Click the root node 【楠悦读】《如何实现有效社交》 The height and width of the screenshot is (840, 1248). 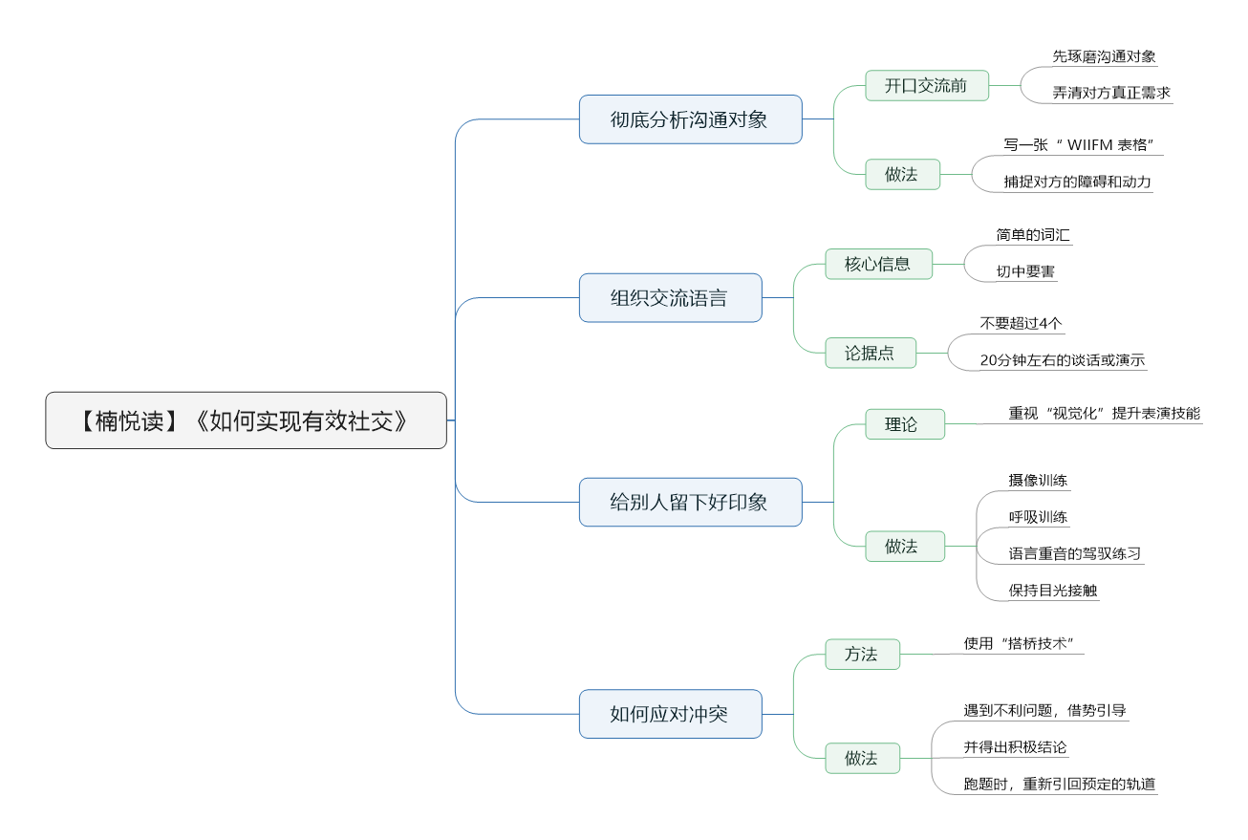pyautogui.click(x=246, y=420)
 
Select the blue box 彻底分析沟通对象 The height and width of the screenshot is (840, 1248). pyautogui.click(x=690, y=119)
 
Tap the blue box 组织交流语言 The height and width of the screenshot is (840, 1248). pyautogui.click(x=670, y=298)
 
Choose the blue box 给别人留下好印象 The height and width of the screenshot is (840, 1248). pyautogui.click(x=690, y=502)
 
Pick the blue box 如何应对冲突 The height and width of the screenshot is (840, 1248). pyautogui.click(x=670, y=714)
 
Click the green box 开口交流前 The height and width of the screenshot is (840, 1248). pyautogui.click(x=927, y=85)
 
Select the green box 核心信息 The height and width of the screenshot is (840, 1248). pyautogui.click(x=878, y=264)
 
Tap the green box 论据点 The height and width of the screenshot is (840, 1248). pyautogui.click(x=871, y=353)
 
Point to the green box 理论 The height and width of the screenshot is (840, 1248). pyautogui.click(x=905, y=424)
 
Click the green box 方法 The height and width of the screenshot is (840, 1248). pyautogui.click(x=863, y=654)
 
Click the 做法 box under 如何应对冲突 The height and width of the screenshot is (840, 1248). pyautogui.click(x=863, y=758)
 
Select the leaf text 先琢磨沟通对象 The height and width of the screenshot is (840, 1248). pyautogui.click(x=1104, y=56)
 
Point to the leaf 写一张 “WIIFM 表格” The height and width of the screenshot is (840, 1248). pyautogui.click(x=1078, y=145)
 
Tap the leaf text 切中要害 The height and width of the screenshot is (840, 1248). pyautogui.click(x=1025, y=271)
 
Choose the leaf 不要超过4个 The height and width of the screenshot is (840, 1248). pyautogui.click(x=1021, y=323)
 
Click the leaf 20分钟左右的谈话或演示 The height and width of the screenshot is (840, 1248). pyautogui.click(x=1063, y=360)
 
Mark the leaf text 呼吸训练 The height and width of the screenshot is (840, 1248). pyautogui.click(x=1038, y=517)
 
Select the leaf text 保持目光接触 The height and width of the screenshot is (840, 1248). pyautogui.click(x=1052, y=590)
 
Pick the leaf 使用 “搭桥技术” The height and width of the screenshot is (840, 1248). pyautogui.click(x=1019, y=643)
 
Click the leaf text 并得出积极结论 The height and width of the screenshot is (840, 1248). pyautogui.click(x=1015, y=747)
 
